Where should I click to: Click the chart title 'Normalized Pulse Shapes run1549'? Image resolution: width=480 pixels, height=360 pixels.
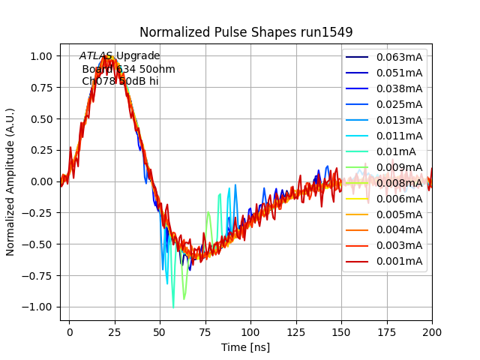pyautogui.click(x=246, y=32)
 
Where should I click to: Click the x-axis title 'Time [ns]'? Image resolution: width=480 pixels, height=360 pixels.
pyautogui.click(x=245, y=347)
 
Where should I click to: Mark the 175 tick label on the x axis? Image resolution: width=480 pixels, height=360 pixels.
pyautogui.click(x=386, y=331)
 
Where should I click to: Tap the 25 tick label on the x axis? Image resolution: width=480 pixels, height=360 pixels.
pyautogui.click(x=115, y=331)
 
